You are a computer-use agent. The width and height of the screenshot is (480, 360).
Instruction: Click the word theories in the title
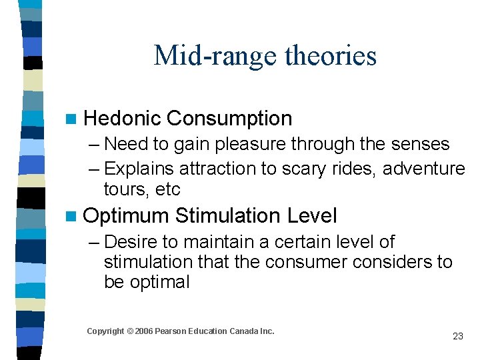[331, 55]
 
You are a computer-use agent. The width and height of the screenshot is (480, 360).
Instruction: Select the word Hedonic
[123, 119]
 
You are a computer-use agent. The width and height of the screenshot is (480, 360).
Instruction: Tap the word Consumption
[229, 119]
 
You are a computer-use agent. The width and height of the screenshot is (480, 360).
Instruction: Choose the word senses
[417, 144]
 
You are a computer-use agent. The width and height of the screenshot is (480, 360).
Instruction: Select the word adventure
[425, 169]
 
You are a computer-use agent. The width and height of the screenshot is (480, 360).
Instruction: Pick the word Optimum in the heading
[127, 216]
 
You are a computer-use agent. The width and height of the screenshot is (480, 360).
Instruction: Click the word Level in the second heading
[312, 216]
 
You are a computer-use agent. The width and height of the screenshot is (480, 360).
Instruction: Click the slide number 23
[457, 336]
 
